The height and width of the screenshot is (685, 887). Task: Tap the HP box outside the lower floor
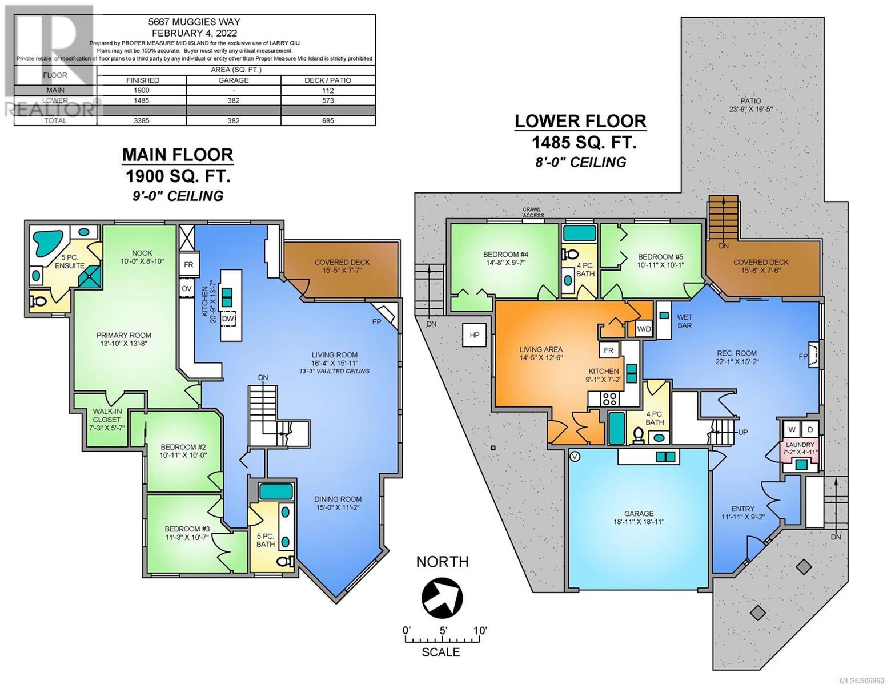coord(474,335)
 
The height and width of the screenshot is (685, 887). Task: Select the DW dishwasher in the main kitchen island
coord(228,319)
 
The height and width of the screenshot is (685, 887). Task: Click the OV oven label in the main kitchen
coord(187,288)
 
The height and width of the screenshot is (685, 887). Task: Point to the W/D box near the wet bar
coord(644,328)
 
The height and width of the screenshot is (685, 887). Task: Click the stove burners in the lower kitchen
coord(610,398)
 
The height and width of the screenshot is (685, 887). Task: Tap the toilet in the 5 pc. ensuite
coord(38,301)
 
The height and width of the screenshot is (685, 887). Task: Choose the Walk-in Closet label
coord(107,416)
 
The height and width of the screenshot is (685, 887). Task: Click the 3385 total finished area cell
coord(142,121)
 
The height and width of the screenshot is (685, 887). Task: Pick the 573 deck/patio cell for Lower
coord(328,100)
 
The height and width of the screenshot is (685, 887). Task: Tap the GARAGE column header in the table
coord(234,80)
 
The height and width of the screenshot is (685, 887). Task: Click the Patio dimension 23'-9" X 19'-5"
coord(751,110)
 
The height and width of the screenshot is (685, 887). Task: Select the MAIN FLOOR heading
coord(178,155)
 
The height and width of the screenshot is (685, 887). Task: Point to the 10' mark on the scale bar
coord(480,631)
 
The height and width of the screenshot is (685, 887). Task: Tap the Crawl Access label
coord(533,212)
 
